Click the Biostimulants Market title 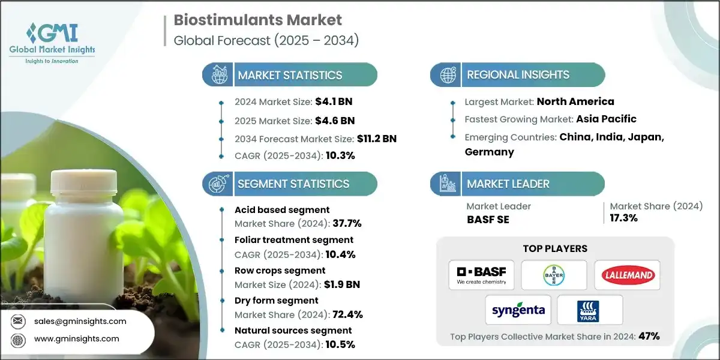tap(258, 20)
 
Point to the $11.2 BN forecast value tap(376, 139)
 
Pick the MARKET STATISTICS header tap(290, 75)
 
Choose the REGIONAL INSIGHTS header tap(518, 75)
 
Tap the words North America tap(575, 101)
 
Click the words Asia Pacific tap(605, 119)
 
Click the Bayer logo tap(553, 275)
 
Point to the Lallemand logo tap(627, 275)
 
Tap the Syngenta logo tap(518, 310)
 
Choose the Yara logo tap(590, 310)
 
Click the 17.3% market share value tap(624, 218)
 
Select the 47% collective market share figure tap(649, 336)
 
